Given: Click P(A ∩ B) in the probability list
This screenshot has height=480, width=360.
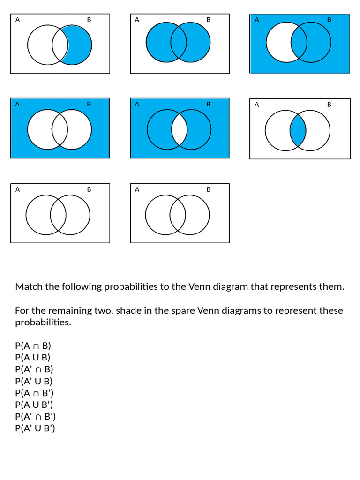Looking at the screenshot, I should [x=33, y=346].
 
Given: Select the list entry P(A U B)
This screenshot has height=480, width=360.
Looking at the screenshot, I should [x=33, y=358].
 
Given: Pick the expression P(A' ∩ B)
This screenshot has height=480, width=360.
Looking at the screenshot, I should [x=34, y=369].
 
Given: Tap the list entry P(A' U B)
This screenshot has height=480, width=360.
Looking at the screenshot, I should [x=34, y=381].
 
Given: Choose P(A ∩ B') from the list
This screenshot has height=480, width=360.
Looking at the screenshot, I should [x=34, y=393].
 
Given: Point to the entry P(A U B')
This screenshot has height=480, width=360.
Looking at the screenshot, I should [x=34, y=405].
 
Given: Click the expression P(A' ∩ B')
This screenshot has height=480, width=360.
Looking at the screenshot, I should [x=35, y=416].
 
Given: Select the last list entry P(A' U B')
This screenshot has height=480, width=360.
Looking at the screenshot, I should [x=35, y=428].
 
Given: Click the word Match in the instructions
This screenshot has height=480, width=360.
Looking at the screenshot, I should [x=29, y=286].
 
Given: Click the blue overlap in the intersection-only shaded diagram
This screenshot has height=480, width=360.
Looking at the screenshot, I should [x=298, y=131].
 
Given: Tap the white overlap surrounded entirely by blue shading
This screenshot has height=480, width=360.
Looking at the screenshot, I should [x=179, y=129].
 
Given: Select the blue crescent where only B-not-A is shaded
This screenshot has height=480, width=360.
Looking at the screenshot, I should [x=81, y=45].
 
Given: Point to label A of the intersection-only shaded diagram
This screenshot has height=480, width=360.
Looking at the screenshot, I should [x=256, y=105].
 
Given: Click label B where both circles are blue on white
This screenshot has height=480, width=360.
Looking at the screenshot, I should [x=209, y=20].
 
